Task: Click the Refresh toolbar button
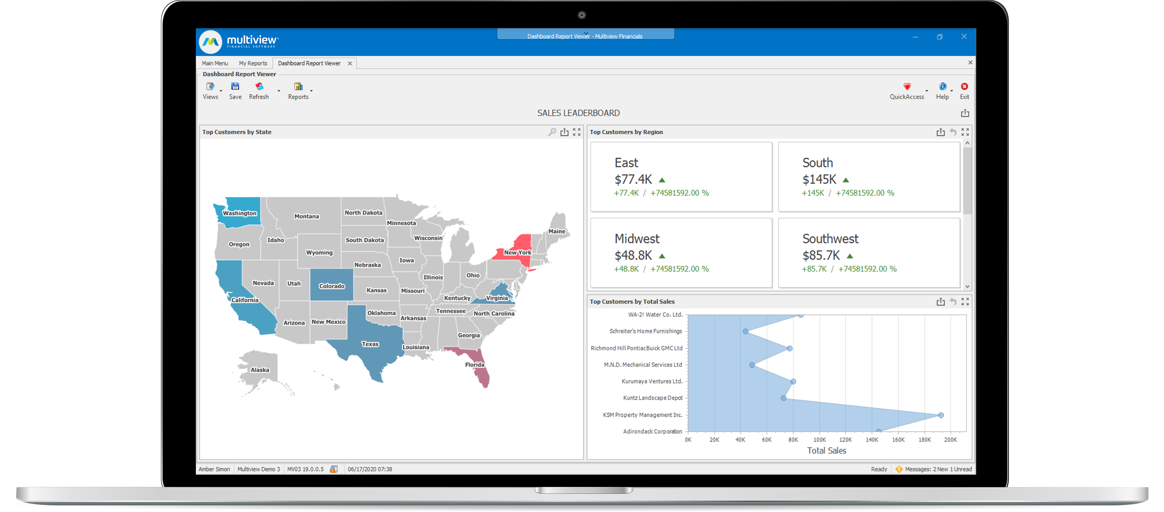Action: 259,90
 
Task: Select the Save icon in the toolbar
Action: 235,90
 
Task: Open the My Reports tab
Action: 253,63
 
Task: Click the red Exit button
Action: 964,90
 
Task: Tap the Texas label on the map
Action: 370,344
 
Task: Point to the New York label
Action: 517,253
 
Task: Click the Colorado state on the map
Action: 332,285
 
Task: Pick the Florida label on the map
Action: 474,364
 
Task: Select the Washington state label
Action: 240,213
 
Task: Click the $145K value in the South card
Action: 819,180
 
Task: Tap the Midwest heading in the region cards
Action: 637,238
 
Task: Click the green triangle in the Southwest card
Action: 850,256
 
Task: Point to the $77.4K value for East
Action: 633,180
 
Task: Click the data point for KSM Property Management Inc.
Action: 941,415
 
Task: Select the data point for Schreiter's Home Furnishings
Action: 746,331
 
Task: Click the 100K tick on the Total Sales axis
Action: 819,440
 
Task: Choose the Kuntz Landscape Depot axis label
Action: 652,398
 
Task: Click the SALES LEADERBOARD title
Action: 578,113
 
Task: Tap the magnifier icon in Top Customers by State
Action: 552,132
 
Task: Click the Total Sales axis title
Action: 826,450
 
